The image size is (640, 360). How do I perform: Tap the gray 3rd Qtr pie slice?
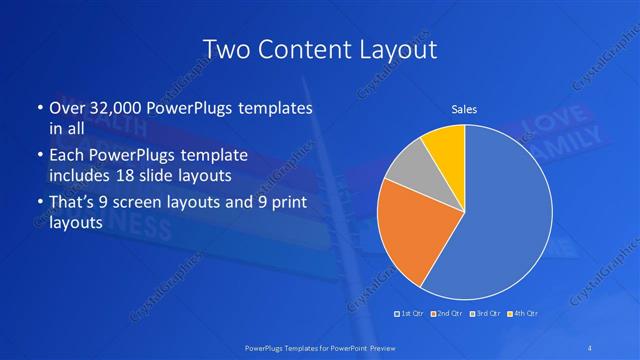click(408, 167)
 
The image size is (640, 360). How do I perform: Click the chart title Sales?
click(464, 108)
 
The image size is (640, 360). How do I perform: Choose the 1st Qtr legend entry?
click(410, 314)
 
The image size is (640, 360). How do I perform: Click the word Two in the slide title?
click(225, 49)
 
